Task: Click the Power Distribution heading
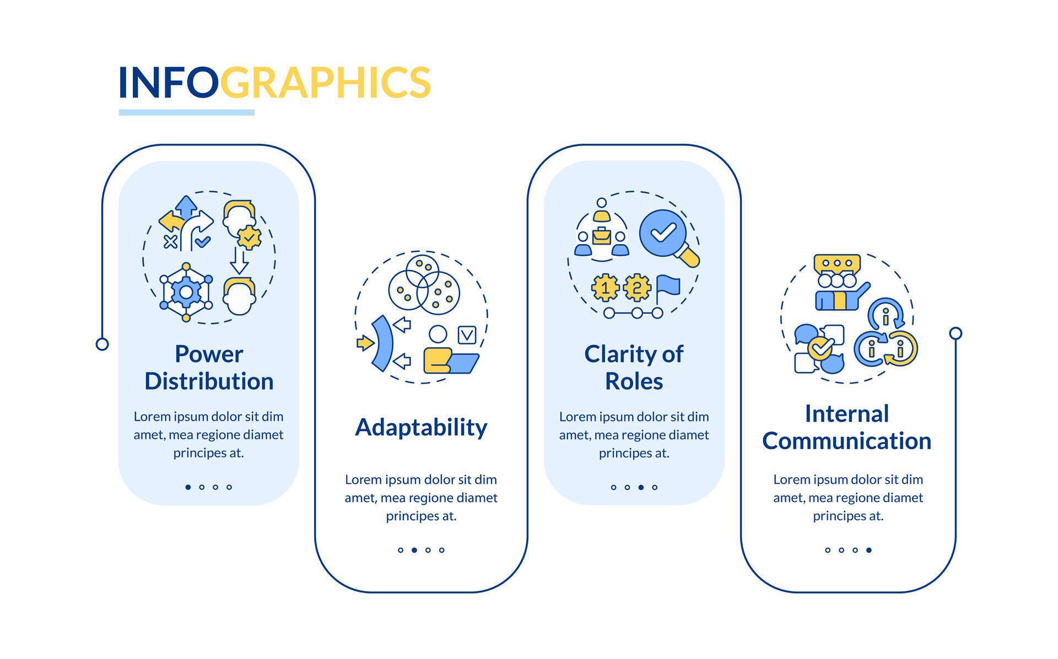[x=209, y=368]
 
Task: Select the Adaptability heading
[x=421, y=428]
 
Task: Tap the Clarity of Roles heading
[x=634, y=368]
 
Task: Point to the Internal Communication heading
[x=847, y=428]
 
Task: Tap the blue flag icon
[x=668, y=287]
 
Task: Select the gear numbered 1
[x=605, y=287]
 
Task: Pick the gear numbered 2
[x=637, y=287]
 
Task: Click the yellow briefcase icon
[x=601, y=236]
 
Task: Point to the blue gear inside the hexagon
[x=186, y=292]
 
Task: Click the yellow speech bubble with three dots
[x=837, y=263]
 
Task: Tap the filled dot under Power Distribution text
[x=188, y=487]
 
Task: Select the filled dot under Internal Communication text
[x=869, y=550]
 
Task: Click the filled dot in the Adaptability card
[x=414, y=550]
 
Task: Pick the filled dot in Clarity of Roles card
[x=641, y=487]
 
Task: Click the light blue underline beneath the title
[x=187, y=112]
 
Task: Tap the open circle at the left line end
[x=102, y=344]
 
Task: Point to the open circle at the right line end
[x=956, y=333]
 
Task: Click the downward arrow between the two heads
[x=239, y=261]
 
